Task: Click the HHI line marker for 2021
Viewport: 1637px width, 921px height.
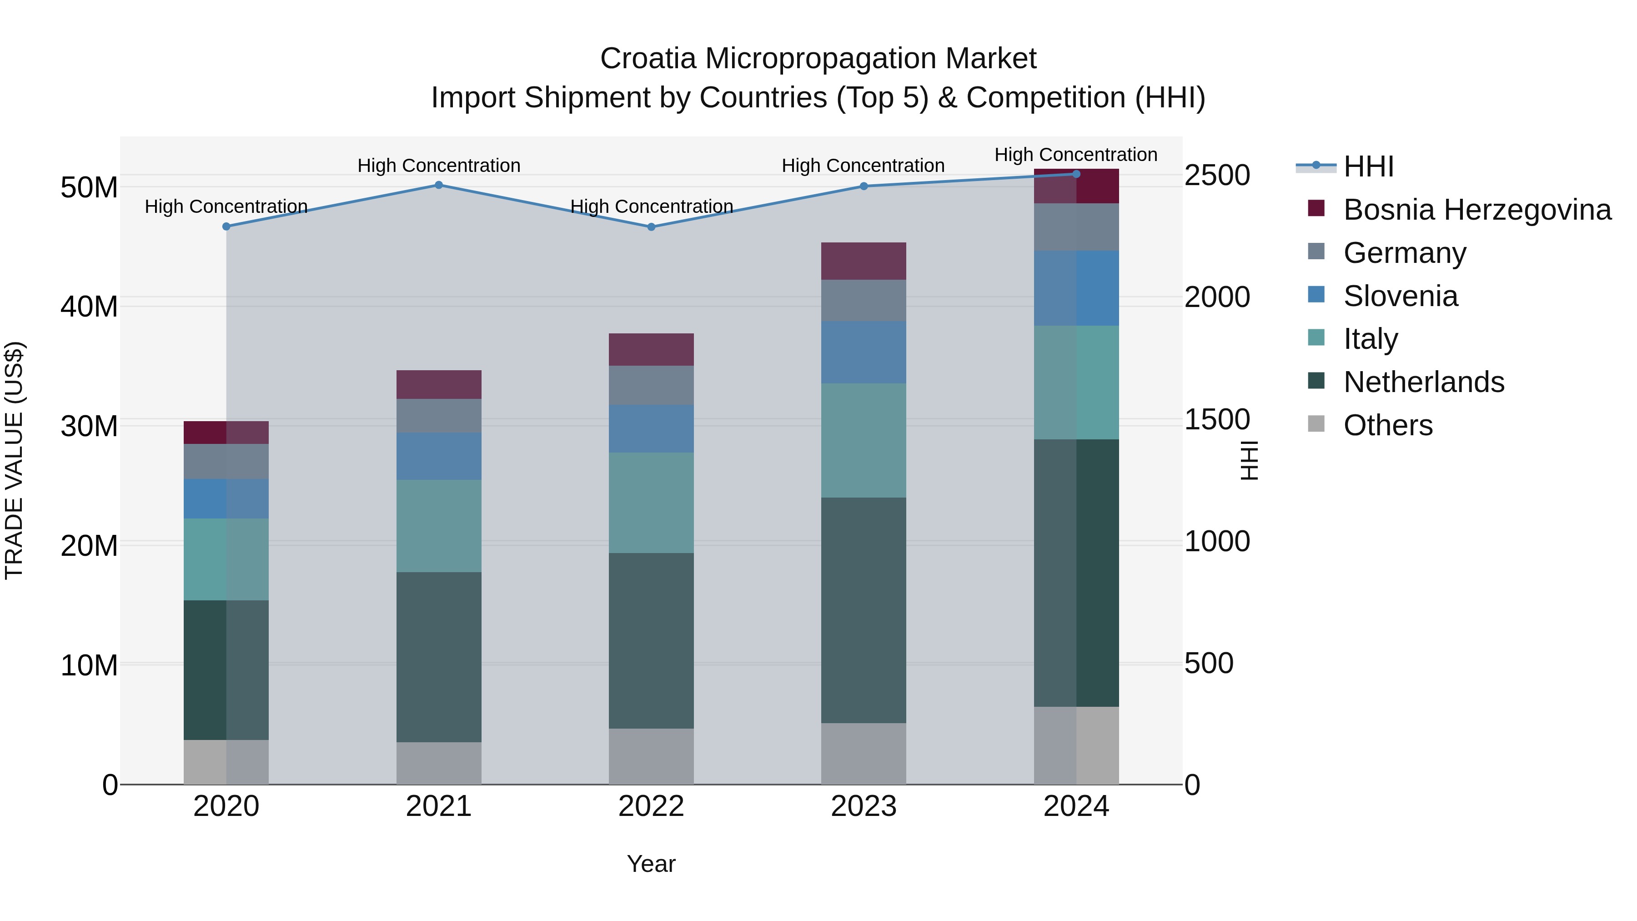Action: pos(438,185)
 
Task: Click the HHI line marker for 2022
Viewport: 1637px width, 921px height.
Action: pos(651,227)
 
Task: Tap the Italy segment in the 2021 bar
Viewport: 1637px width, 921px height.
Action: pos(438,526)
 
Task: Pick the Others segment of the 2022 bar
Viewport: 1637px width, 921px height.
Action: pos(651,756)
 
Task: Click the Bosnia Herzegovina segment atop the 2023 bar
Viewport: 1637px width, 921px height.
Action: pos(863,261)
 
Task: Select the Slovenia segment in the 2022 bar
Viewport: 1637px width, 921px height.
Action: pos(651,428)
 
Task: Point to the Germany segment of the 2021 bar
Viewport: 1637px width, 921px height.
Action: pos(438,416)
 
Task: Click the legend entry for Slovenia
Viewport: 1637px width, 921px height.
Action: pos(1400,296)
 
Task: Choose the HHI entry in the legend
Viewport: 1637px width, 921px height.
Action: pos(1368,166)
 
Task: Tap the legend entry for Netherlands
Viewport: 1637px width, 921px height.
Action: pos(1423,382)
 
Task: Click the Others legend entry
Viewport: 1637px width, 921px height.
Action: pos(1388,425)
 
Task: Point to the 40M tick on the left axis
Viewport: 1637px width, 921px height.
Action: pos(89,307)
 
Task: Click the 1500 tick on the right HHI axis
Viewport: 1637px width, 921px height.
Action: pos(1217,419)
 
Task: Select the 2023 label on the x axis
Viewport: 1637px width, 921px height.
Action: pos(863,806)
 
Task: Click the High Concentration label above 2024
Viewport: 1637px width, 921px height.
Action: pos(1075,155)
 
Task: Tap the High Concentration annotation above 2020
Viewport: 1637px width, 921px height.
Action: pos(226,206)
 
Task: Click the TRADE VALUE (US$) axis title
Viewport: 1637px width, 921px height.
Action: pos(14,460)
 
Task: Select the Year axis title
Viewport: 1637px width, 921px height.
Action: pos(651,864)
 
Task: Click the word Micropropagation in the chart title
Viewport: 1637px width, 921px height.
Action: pos(819,59)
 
